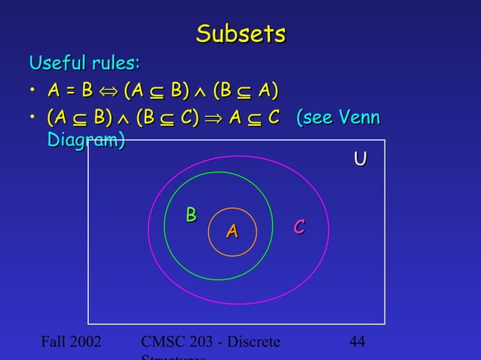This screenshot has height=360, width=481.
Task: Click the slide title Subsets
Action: coord(240,33)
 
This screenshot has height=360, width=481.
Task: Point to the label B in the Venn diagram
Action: coord(191,215)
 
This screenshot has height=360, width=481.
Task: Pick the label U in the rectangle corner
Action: coord(360,159)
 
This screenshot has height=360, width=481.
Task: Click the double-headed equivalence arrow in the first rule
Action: coord(108,92)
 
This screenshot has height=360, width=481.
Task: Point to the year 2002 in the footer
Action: coord(91,343)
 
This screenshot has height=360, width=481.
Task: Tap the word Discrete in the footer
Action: coord(252,343)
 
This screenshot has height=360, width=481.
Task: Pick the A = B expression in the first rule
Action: coord(69,92)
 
